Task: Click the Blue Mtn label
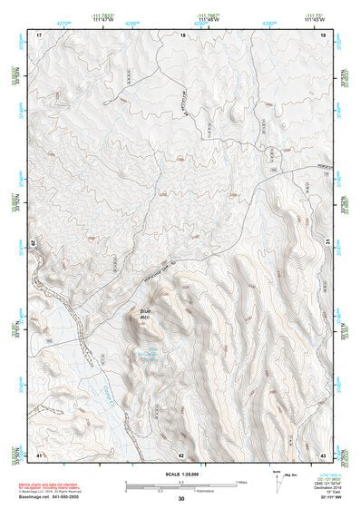coord(146,317)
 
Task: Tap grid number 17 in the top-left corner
coord(39,34)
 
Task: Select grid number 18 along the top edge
coord(182,34)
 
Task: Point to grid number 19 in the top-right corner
coord(323,34)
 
